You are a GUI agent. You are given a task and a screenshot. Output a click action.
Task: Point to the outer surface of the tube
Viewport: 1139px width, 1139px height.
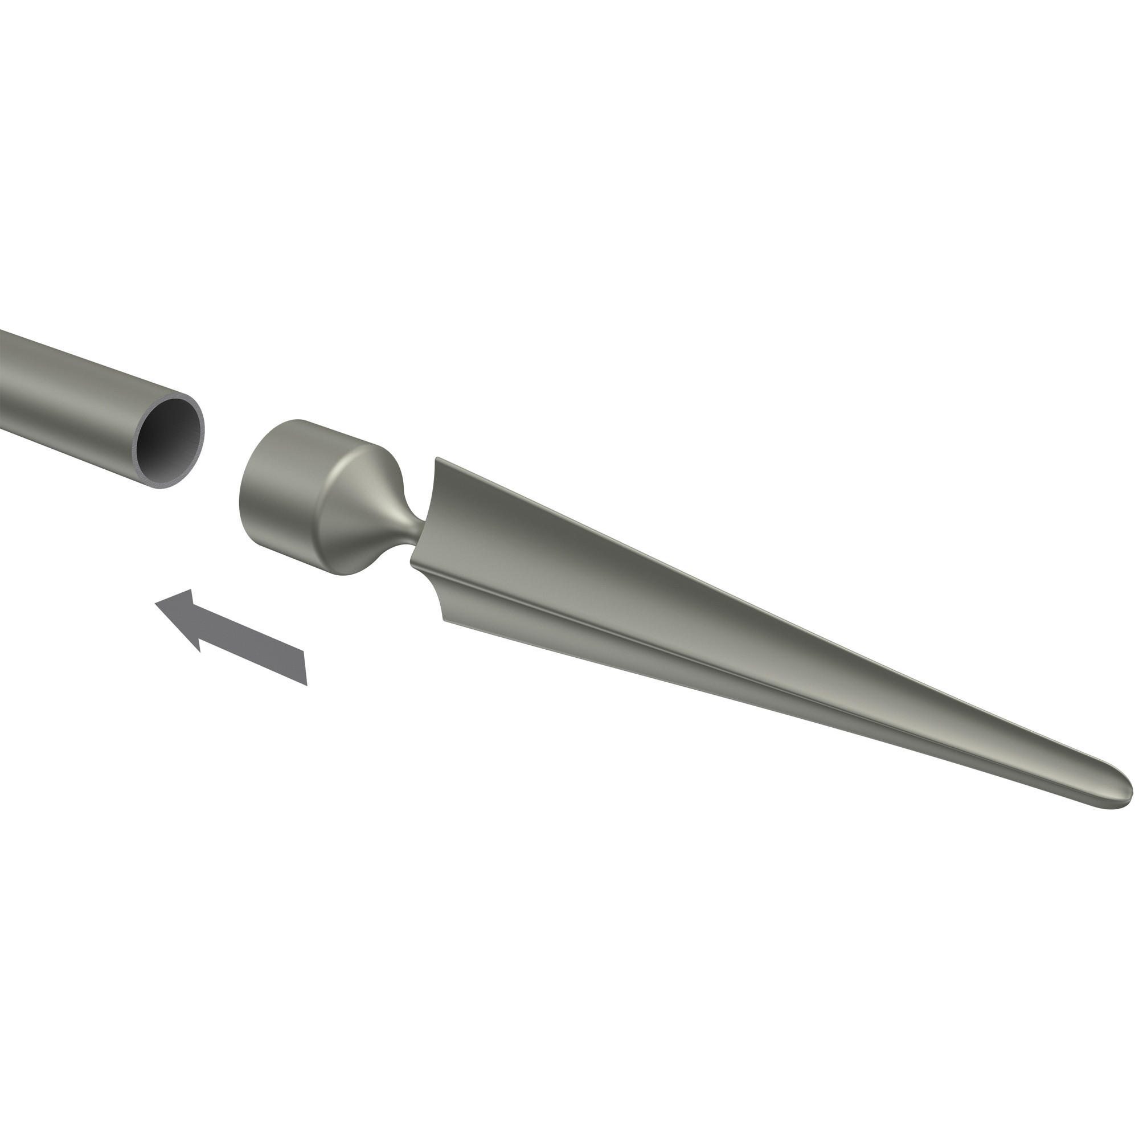tap(71, 383)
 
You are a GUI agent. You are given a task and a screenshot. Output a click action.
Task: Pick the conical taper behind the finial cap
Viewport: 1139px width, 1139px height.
tap(366, 507)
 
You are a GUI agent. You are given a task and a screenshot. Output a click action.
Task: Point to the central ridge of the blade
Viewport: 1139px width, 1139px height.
tap(707, 660)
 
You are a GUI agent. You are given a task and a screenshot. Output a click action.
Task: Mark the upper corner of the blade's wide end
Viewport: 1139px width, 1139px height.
tap(437, 459)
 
